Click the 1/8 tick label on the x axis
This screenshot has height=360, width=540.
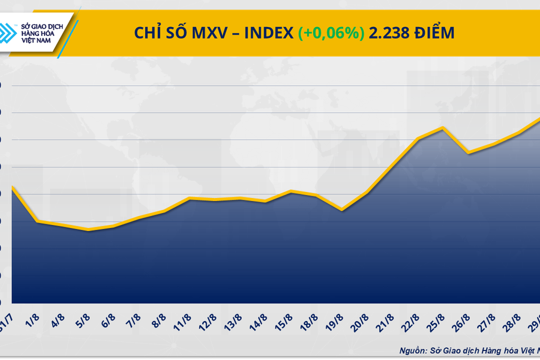32,319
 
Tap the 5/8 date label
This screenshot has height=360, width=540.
83,319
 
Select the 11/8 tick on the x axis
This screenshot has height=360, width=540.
184,319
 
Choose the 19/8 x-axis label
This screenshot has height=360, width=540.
336,319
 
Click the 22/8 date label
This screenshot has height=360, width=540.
412,319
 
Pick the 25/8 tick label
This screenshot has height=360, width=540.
437,319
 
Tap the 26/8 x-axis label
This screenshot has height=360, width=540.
463,319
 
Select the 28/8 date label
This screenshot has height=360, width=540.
514,319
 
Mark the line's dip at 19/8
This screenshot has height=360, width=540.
341,210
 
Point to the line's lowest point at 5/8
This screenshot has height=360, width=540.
88,230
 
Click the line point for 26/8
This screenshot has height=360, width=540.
468,153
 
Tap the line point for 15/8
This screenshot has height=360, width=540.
291,191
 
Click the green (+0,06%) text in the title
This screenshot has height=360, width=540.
331,34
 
